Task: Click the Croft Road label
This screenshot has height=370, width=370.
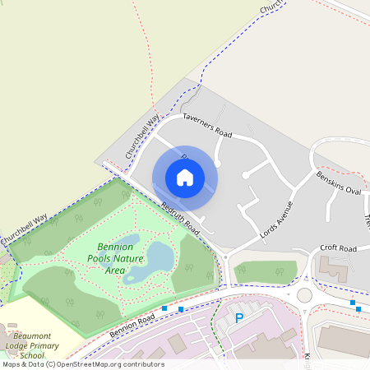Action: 338,247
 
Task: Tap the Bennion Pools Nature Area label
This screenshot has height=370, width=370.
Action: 115,258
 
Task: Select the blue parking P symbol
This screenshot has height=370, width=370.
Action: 240,317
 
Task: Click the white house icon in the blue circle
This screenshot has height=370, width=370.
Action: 185,178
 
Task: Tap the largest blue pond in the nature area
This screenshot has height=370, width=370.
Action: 160,259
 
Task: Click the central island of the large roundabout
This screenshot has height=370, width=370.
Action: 305,294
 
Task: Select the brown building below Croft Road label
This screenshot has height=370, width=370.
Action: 333,269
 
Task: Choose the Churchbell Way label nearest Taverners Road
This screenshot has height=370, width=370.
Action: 141,136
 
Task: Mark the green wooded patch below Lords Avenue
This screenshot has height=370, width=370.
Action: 265,271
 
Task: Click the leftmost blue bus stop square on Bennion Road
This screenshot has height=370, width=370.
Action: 164,308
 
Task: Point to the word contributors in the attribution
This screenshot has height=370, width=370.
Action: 146,364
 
